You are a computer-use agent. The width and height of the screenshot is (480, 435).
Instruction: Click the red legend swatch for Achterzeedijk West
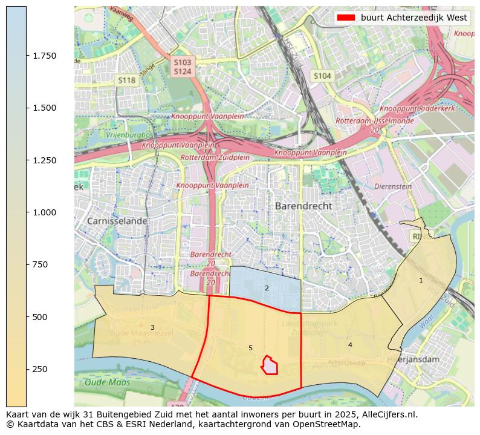pos(346,18)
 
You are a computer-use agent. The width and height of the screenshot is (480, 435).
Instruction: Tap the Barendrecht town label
pos(303,206)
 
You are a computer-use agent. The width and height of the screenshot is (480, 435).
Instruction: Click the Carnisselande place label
pos(117,221)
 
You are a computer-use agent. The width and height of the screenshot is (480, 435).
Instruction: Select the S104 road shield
pos(322,76)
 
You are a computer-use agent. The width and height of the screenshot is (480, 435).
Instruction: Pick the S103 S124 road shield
pos(182,67)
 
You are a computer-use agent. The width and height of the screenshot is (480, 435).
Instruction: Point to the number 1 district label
pos(421,280)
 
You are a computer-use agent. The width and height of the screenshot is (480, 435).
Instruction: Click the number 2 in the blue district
pos(266,288)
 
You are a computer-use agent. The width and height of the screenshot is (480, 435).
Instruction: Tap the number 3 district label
pos(152,327)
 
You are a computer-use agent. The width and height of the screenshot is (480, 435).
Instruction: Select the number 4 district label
pos(349,345)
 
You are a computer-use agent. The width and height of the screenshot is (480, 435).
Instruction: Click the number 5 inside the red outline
pos(250,348)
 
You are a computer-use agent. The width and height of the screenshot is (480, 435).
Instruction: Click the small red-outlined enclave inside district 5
pos(270,366)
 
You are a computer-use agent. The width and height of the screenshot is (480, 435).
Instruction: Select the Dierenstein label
pos(393,187)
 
